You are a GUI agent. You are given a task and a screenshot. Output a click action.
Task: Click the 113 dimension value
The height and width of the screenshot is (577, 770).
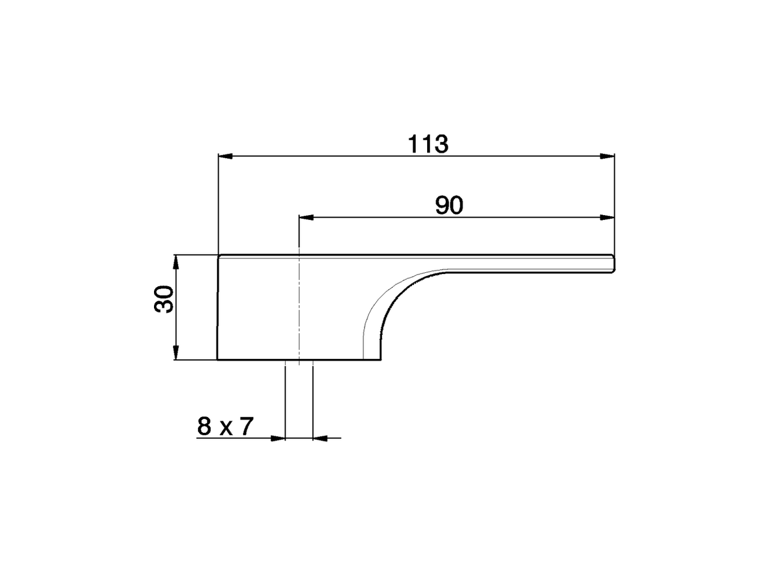[x=428, y=144]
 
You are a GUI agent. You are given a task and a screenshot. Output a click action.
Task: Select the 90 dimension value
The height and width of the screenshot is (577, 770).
[x=449, y=206]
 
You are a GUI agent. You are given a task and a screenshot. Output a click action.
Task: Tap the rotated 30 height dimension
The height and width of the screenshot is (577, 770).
[x=164, y=299]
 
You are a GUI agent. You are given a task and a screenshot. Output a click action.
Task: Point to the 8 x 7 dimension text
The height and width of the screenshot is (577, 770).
[x=225, y=427]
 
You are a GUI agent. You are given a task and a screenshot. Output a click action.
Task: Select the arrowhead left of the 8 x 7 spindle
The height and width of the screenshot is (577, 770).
[x=278, y=438]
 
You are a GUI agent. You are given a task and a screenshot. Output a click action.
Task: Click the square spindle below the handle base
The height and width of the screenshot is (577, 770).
[x=299, y=397]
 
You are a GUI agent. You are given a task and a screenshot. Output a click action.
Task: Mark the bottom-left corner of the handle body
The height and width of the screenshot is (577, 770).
[x=218, y=359]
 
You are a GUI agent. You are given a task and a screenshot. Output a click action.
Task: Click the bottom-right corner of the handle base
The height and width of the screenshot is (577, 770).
[x=381, y=359]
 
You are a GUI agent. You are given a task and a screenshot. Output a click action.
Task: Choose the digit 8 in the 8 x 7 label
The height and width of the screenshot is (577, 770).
[x=205, y=427]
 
